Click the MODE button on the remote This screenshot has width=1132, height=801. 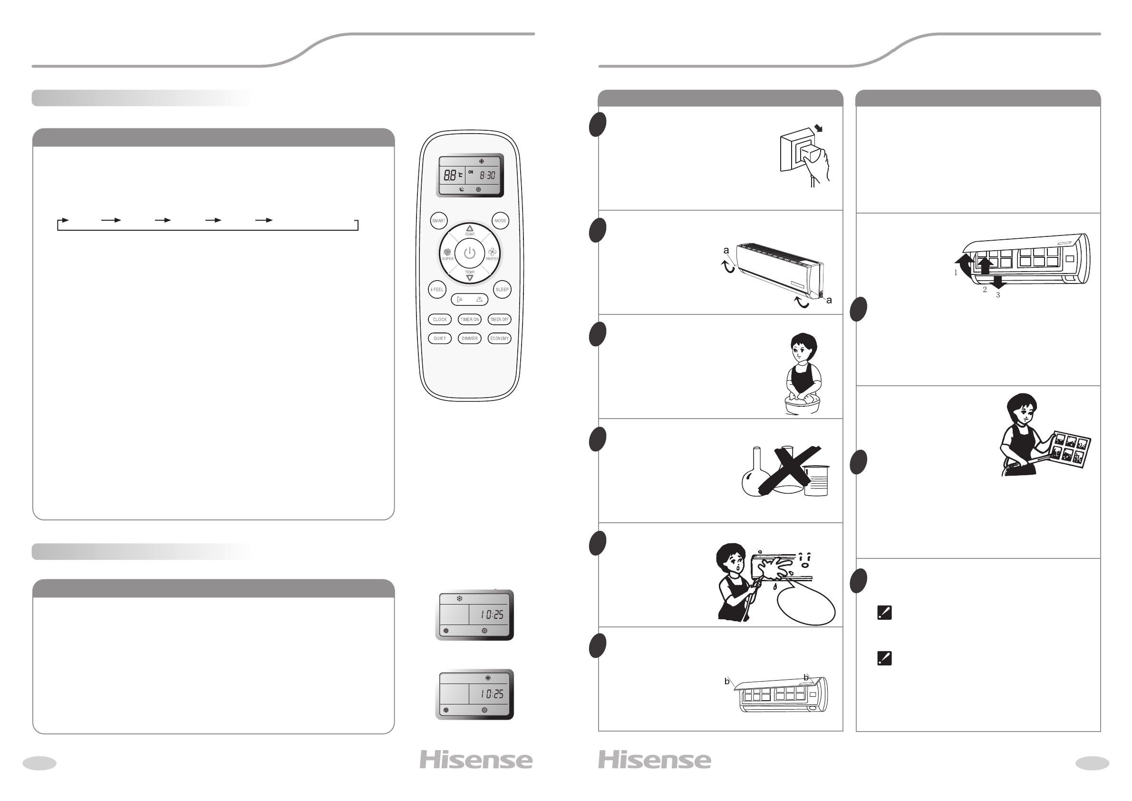click(501, 221)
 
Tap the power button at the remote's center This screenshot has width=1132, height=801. click(469, 254)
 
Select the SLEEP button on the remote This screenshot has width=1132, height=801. click(502, 290)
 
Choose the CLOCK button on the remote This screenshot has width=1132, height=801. click(439, 320)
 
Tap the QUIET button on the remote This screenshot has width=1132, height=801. click(439, 338)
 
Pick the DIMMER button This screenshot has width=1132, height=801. click(469, 338)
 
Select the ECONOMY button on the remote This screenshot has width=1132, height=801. click(500, 338)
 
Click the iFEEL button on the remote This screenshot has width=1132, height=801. click(437, 290)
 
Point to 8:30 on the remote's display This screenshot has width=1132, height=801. click(487, 175)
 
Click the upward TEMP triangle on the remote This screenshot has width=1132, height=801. click(469, 228)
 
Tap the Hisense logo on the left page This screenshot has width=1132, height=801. click(476, 760)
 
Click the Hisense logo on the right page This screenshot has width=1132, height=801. click(655, 760)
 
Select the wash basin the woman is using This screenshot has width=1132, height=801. click(802, 405)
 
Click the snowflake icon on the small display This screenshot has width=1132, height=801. click(460, 599)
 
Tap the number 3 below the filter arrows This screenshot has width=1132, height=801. click(998, 295)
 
